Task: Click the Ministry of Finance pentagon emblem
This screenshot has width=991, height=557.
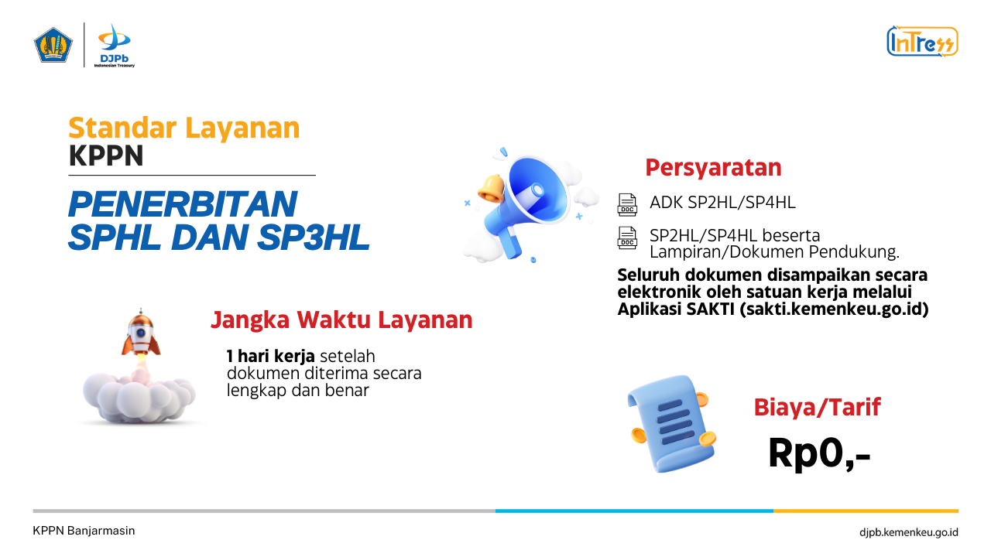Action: pyautogui.click(x=53, y=45)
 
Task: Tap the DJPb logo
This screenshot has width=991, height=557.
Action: pyautogui.click(x=114, y=45)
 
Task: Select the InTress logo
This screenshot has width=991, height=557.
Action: pyautogui.click(x=922, y=41)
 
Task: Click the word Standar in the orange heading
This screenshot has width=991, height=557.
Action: pyautogui.click(x=122, y=128)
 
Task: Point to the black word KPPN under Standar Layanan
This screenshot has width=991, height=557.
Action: pyautogui.click(x=106, y=155)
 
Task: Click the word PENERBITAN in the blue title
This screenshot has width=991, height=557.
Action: pyautogui.click(x=183, y=204)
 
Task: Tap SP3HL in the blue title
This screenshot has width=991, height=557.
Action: pyautogui.click(x=314, y=237)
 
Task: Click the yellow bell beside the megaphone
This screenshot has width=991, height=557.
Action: pyautogui.click(x=491, y=189)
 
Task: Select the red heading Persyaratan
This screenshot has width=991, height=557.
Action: pyautogui.click(x=713, y=168)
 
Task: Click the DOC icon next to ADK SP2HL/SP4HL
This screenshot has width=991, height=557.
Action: pyautogui.click(x=627, y=205)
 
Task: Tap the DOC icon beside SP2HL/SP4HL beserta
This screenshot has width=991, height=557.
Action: pyautogui.click(x=627, y=237)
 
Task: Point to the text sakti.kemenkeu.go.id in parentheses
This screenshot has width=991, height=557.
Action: pyautogui.click(x=834, y=309)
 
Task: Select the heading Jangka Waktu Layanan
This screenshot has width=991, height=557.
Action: pyautogui.click(x=341, y=320)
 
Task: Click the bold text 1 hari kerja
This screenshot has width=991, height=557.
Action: pyautogui.click(x=270, y=356)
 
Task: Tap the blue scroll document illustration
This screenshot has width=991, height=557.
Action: pyautogui.click(x=671, y=423)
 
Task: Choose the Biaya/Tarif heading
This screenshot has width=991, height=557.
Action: pyautogui.click(x=817, y=407)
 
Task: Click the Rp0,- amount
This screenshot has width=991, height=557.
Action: pyautogui.click(x=819, y=453)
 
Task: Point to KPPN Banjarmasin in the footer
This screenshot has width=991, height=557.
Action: pyautogui.click(x=84, y=531)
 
